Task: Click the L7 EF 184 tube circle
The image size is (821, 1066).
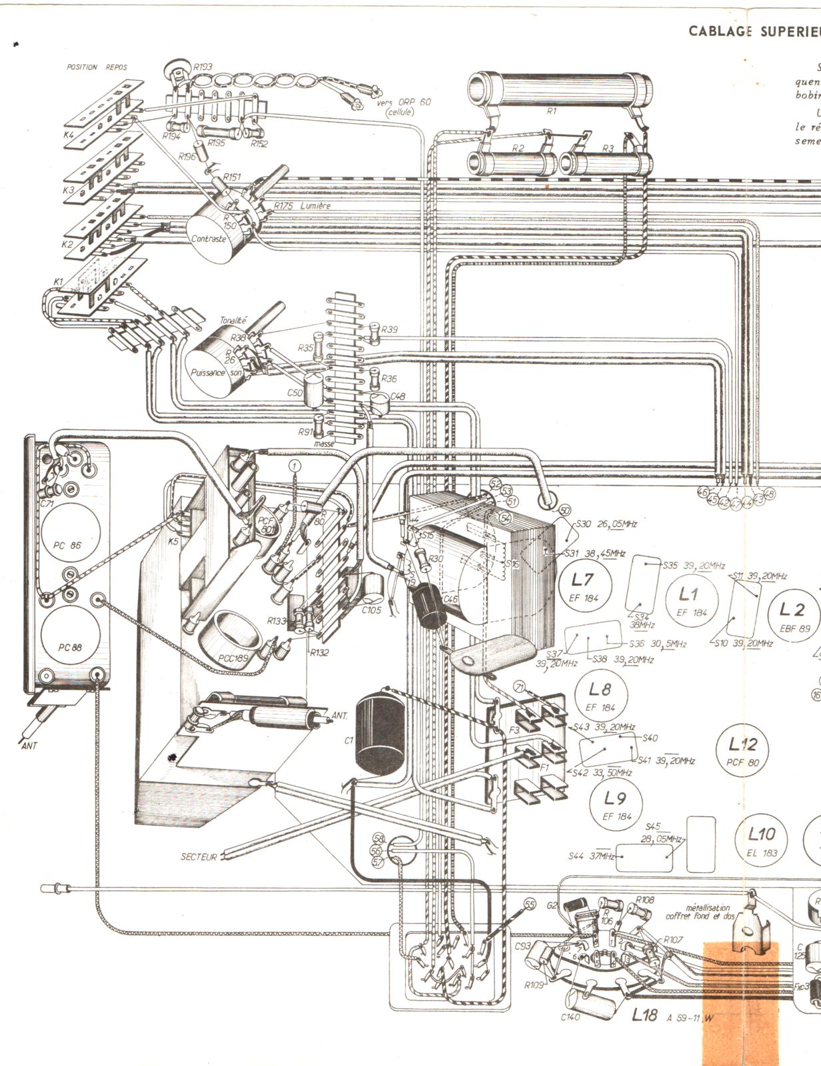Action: [x=584, y=586]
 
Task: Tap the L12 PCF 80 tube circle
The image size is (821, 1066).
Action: [x=742, y=752]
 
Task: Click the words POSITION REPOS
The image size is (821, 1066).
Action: [x=96, y=67]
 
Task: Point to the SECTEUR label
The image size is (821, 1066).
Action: [x=199, y=857]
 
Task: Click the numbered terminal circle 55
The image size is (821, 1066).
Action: [x=530, y=904]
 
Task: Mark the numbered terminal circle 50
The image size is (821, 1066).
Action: [x=564, y=510]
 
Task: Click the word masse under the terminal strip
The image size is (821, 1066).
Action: [x=325, y=443]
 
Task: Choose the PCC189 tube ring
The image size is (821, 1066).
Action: [x=237, y=633]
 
